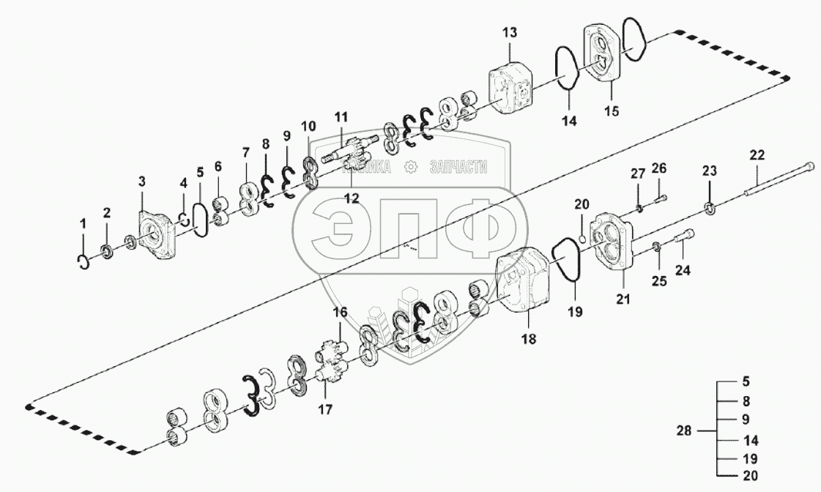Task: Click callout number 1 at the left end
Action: click(83, 223)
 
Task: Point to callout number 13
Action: click(510, 32)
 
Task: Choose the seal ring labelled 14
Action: click(567, 70)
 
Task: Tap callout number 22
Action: click(757, 154)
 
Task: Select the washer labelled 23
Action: click(708, 209)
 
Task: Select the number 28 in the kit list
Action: click(683, 431)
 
